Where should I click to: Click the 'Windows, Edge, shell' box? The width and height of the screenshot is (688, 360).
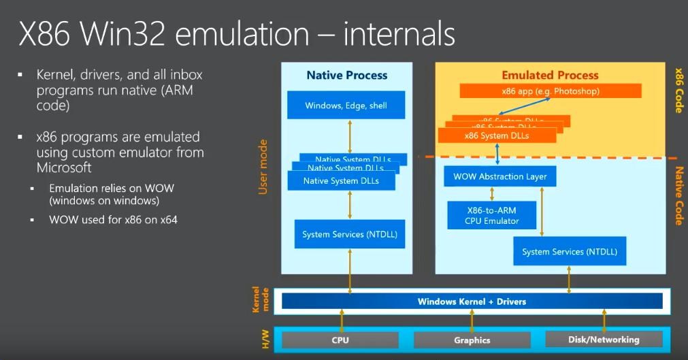(x=346, y=105)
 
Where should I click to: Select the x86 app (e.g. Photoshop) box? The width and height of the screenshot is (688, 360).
(x=551, y=91)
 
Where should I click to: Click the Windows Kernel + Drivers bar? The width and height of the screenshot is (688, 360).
(x=472, y=301)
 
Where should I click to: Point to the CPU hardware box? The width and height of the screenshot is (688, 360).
(x=340, y=340)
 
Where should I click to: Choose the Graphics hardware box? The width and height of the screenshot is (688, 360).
(x=472, y=340)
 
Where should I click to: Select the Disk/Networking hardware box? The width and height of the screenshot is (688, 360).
(x=604, y=339)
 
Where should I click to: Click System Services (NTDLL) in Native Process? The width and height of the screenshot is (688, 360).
(x=350, y=235)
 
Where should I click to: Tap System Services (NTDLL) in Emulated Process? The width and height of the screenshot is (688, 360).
(x=570, y=252)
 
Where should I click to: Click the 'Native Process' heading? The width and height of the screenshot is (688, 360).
(x=347, y=76)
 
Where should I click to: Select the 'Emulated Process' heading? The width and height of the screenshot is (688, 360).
(x=550, y=76)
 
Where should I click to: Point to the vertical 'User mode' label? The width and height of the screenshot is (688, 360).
(x=264, y=167)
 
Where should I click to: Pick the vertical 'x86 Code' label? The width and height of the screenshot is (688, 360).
(x=678, y=89)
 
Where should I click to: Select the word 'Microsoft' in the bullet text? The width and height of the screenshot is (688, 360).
(x=64, y=167)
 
